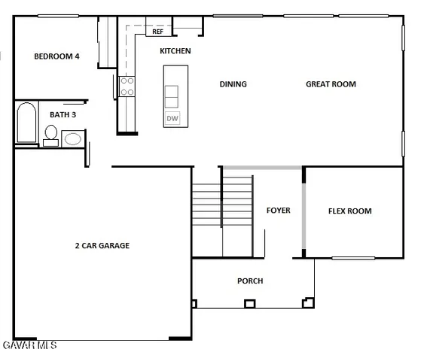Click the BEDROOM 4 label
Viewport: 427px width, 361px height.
[x=57, y=56]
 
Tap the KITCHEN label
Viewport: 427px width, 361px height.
[x=175, y=51]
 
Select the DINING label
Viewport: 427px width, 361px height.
[x=233, y=84]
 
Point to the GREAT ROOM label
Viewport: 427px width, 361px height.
[x=331, y=84]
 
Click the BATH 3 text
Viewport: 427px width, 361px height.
[x=63, y=114]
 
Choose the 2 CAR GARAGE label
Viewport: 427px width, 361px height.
[x=102, y=245]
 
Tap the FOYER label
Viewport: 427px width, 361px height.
[x=278, y=211]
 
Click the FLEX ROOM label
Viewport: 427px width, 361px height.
[x=349, y=211]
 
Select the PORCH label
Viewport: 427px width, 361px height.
[x=250, y=281]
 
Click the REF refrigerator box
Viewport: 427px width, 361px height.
[x=158, y=32]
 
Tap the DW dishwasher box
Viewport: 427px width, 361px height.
[x=172, y=118]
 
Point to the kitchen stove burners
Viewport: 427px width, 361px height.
[x=127, y=86]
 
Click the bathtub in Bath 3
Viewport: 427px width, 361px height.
[x=25, y=124]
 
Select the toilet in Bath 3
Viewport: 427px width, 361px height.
[x=51, y=136]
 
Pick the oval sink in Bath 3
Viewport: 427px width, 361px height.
[x=73, y=138]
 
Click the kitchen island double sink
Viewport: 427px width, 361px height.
[x=172, y=96]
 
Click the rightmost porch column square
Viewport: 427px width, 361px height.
[x=307, y=303]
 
